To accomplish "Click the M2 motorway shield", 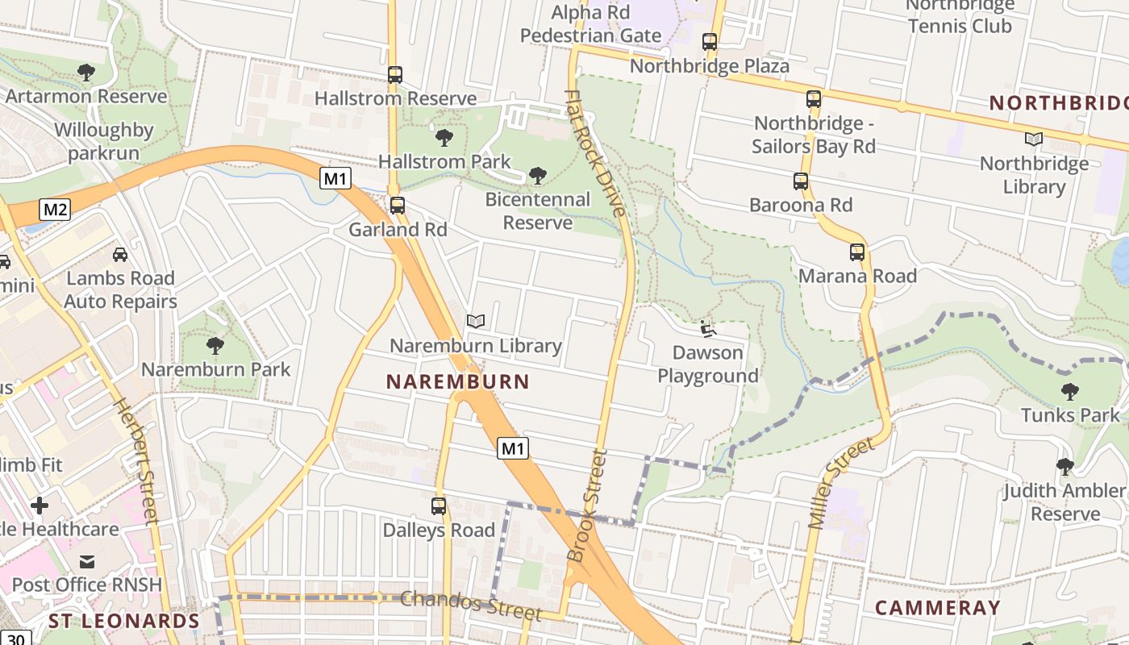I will tap(55, 210).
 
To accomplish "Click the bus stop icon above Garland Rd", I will tap(397, 206).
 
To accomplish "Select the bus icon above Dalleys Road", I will tap(439, 506).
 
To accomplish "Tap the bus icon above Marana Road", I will tap(857, 252).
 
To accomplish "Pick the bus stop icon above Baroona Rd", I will tap(801, 181).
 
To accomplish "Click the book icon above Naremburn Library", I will tap(476, 322).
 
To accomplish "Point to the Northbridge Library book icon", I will tap(1033, 139).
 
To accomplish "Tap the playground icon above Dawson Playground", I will tap(707, 329).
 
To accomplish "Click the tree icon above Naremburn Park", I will tap(215, 346).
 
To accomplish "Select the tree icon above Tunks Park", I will tap(1070, 392).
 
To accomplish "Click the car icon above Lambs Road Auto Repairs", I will tap(120, 255).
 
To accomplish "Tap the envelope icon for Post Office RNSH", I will tap(87, 561).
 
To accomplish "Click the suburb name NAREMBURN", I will tap(457, 382).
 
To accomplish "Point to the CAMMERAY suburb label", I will tap(937, 608).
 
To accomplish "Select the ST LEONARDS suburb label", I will tap(123, 621).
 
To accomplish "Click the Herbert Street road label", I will tap(135, 461).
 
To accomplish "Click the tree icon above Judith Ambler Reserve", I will tap(1064, 467).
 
